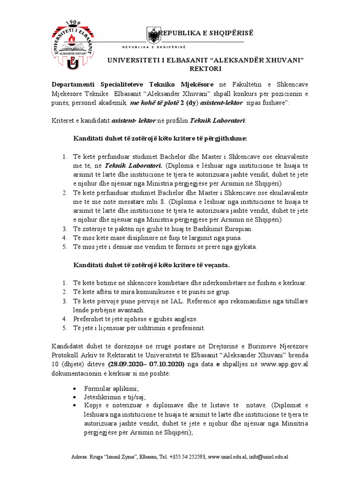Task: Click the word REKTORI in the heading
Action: pos(205,68)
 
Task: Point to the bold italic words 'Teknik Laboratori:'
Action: pos(218,120)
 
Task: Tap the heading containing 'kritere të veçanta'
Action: pos(151,265)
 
